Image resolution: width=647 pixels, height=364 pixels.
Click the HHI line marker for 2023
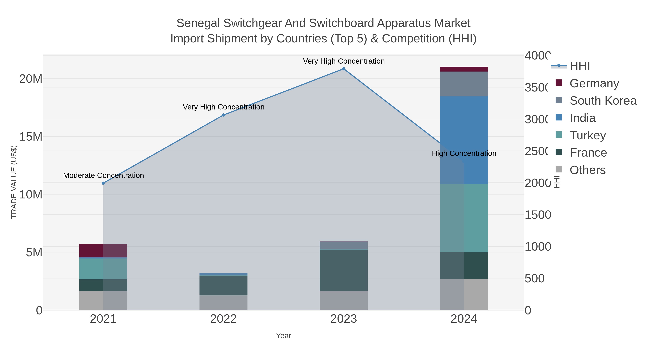tap(344, 69)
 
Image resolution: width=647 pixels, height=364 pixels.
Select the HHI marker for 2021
tap(103, 183)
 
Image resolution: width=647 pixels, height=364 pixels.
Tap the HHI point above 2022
tap(223, 115)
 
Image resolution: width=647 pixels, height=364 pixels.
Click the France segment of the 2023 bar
tap(344, 270)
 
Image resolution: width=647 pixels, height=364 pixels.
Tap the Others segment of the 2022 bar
tap(223, 303)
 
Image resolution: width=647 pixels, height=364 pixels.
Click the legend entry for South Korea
tap(603, 101)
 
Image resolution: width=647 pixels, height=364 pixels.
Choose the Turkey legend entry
tap(588, 135)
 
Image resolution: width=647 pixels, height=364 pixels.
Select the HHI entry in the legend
tap(579, 66)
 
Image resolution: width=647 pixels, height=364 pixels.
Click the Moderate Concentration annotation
tap(104, 175)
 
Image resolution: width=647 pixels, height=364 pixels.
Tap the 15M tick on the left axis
tap(31, 137)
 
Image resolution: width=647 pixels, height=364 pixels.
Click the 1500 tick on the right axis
tap(538, 215)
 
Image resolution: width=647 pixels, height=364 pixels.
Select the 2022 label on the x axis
tap(223, 319)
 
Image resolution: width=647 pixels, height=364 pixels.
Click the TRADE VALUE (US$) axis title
tap(14, 182)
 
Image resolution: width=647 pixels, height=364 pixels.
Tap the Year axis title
tap(283, 336)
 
